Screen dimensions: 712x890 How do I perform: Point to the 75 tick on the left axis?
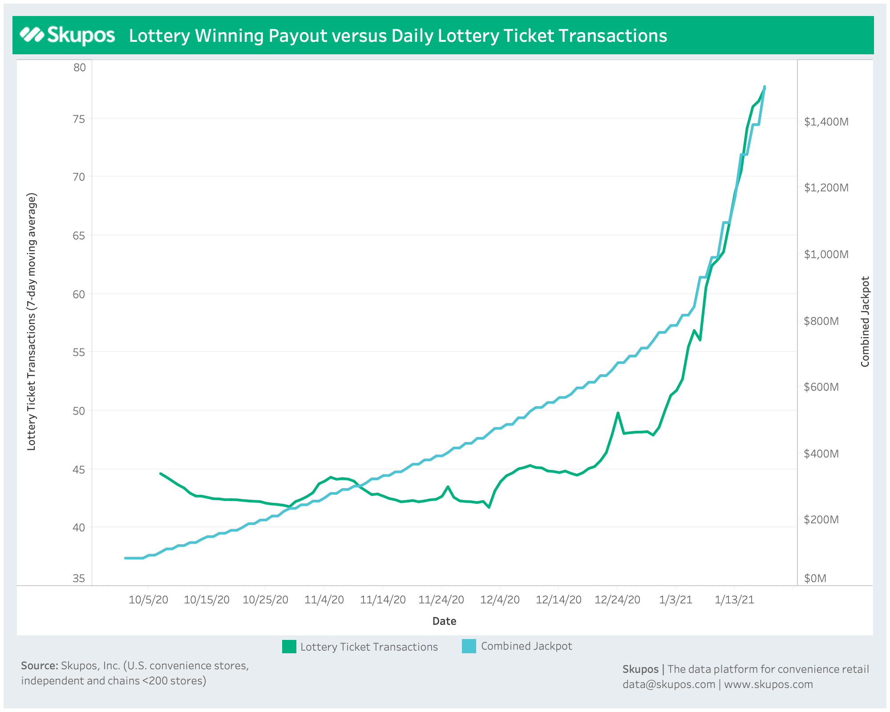pos(79,119)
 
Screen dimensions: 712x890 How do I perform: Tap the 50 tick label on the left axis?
pos(79,411)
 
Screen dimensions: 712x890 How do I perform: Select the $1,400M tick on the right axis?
pos(826,121)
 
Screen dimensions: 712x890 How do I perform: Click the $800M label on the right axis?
pos(821,321)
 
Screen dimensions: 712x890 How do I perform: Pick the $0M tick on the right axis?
pos(815,578)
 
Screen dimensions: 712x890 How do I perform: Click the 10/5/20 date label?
pos(149,599)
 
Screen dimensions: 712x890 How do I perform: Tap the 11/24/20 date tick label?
pos(441,599)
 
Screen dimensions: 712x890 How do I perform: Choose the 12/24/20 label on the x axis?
pos(617,599)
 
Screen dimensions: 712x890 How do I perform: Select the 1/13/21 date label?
pos(734,599)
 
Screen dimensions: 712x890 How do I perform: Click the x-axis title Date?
pos(444,621)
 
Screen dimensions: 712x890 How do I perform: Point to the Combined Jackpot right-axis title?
pos(865,321)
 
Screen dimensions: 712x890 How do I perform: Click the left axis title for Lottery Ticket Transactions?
pos(31,321)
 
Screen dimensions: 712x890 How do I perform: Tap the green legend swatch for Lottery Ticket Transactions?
pos(289,647)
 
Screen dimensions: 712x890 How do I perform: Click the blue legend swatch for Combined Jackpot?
pos(469,646)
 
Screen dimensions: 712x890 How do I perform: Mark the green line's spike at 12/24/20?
pos(618,413)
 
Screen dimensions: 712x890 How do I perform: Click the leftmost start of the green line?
pos(161,473)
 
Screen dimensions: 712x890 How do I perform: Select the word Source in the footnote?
pos(39,666)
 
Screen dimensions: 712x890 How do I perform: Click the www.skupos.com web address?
pos(768,684)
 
